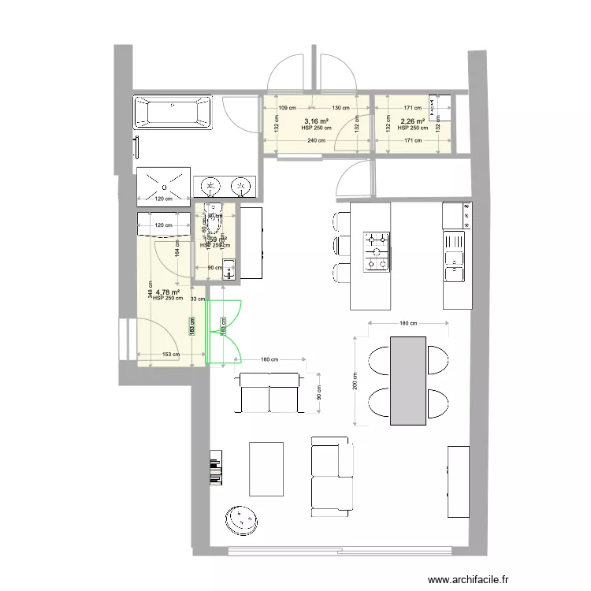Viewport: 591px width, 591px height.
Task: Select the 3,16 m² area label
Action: point(316,121)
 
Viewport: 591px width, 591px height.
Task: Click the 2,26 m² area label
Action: point(412,121)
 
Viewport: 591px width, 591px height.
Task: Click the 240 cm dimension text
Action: point(316,141)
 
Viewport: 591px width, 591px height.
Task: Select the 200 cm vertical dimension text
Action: point(355,381)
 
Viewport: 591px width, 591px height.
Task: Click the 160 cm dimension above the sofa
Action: point(269,360)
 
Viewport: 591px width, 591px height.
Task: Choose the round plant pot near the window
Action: point(240,519)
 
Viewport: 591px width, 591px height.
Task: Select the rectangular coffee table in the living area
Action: point(266,469)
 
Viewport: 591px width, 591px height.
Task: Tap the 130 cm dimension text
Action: point(340,108)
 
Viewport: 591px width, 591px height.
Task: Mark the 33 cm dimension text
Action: point(199,299)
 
